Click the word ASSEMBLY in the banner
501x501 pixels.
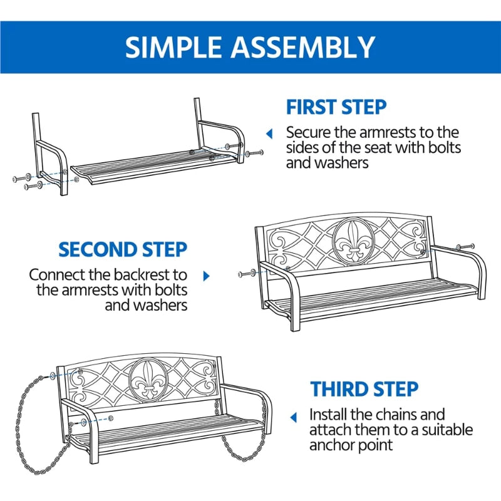tap(303, 47)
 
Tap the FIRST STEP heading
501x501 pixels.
tap(336, 107)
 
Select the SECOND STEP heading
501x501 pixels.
tap(123, 249)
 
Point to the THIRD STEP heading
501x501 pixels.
tap(364, 389)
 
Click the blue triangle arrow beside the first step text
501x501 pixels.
tap(269, 133)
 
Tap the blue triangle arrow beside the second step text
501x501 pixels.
tap(207, 276)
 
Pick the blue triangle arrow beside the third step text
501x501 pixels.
tap(293, 417)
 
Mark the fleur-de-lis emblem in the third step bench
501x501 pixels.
tap(148, 379)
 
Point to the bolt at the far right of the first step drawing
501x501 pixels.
tap(254, 153)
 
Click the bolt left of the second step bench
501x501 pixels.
tap(247, 274)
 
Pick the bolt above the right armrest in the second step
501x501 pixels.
tap(465, 247)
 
